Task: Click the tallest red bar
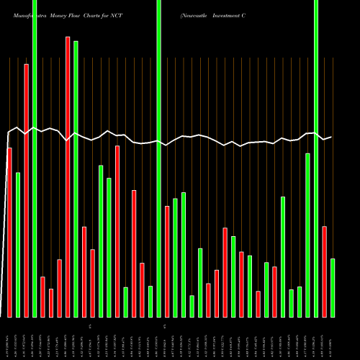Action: (68, 176)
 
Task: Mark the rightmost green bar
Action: (333, 287)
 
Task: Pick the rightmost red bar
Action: (324, 271)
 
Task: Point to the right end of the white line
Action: (330, 137)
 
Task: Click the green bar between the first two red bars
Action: (18, 245)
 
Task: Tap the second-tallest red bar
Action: (27, 190)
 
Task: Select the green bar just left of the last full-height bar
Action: (307, 235)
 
